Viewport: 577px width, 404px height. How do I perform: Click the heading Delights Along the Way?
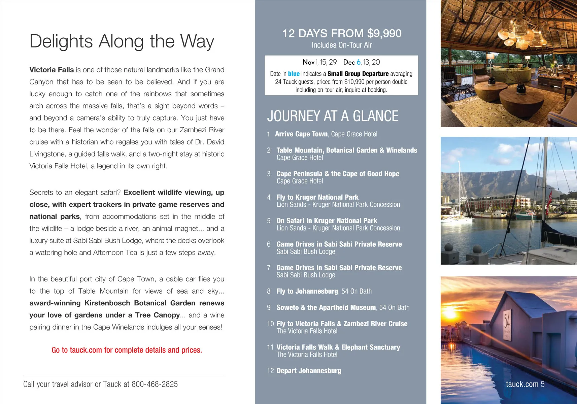pyautogui.click(x=122, y=41)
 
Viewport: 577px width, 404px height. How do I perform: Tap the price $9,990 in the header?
pyautogui.click(x=384, y=33)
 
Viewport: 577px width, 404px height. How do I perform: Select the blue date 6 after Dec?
pyautogui.click(x=359, y=62)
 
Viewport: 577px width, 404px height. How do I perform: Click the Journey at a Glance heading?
pyautogui.click(x=333, y=116)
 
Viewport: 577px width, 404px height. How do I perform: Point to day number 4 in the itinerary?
pyautogui.click(x=269, y=197)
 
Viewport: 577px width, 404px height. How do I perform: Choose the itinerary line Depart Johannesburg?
pyautogui.click(x=309, y=371)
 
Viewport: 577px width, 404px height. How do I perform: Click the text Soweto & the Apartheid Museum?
pyautogui.click(x=326, y=307)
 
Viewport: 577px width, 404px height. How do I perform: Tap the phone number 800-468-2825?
pyautogui.click(x=155, y=384)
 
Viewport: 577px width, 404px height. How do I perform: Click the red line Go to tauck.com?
pyautogui.click(x=127, y=350)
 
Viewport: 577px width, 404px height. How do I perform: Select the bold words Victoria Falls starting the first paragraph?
pyautogui.click(x=52, y=70)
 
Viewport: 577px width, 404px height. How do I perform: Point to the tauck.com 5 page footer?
pyautogui.click(x=525, y=384)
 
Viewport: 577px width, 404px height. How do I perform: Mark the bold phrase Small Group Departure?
pyautogui.click(x=358, y=74)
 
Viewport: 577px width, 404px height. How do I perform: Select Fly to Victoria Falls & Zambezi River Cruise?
pyautogui.click(x=342, y=324)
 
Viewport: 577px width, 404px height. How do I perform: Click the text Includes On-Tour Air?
pyautogui.click(x=342, y=45)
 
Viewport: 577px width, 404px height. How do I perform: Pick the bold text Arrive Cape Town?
pyautogui.click(x=301, y=134)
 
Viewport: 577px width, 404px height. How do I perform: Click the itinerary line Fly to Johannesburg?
pyautogui.click(x=307, y=291)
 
